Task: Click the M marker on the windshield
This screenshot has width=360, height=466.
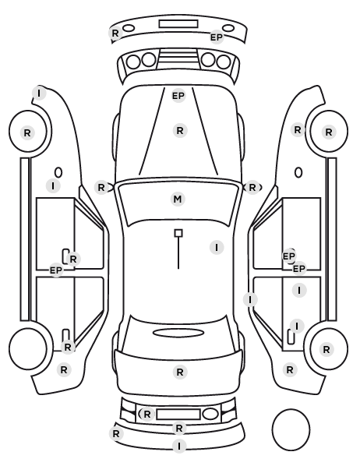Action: (x=178, y=199)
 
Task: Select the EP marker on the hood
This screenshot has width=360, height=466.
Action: (x=178, y=96)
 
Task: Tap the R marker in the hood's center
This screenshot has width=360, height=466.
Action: (x=180, y=130)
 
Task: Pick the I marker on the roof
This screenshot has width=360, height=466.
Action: (x=217, y=247)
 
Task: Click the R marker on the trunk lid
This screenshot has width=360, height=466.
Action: (x=180, y=372)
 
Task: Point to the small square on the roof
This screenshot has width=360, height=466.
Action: (x=178, y=233)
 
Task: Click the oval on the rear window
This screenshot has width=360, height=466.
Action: (x=178, y=333)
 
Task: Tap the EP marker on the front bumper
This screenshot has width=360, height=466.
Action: (x=217, y=37)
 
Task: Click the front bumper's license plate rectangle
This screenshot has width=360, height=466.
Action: (x=178, y=24)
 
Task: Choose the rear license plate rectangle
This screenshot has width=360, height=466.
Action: (x=178, y=415)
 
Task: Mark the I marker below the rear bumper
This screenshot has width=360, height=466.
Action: (x=179, y=446)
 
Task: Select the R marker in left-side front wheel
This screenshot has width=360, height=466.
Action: (x=27, y=132)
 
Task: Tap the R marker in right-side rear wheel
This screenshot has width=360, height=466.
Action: (x=326, y=349)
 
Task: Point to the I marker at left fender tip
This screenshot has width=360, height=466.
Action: (x=39, y=94)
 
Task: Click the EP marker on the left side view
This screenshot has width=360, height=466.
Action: (x=56, y=270)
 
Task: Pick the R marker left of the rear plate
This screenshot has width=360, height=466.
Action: (x=146, y=415)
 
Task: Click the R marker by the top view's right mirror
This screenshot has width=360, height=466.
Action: (x=252, y=188)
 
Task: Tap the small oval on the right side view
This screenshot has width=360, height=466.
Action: (x=298, y=173)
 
